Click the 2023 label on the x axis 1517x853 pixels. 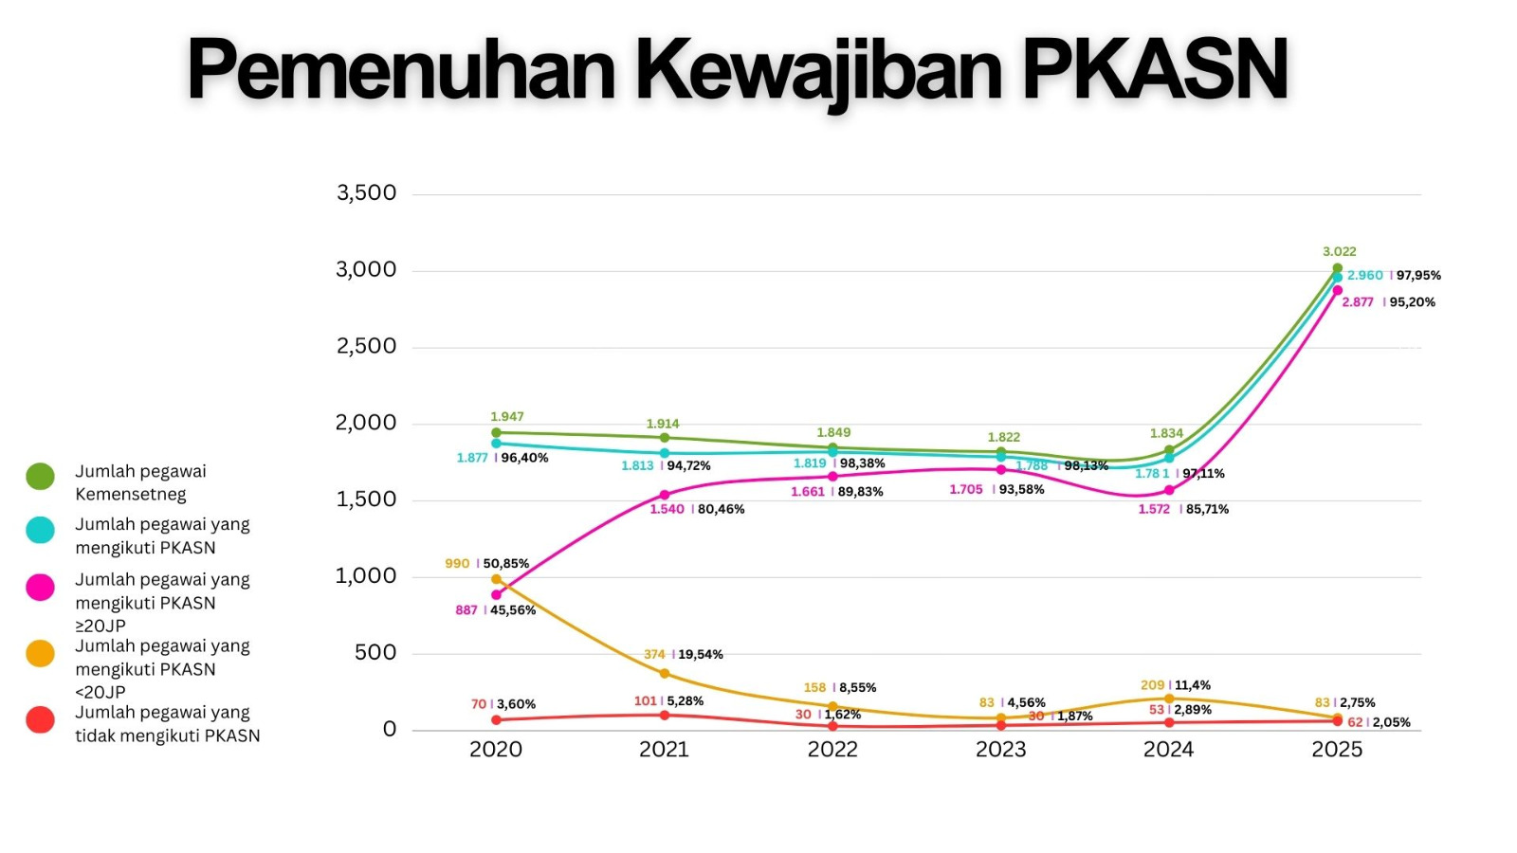[x=1000, y=750]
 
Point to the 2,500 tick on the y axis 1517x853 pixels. [x=366, y=347]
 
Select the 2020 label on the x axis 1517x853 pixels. [x=496, y=750]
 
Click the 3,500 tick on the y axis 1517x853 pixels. [x=366, y=193]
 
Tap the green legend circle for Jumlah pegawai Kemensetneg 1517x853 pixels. [x=40, y=476]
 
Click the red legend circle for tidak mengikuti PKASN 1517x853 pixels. [x=40, y=720]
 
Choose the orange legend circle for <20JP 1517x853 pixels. [x=40, y=654]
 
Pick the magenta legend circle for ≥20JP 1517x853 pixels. [x=40, y=588]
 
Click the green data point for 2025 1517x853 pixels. [x=1337, y=268]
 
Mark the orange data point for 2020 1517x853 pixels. [x=496, y=579]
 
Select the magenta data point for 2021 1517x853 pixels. [x=665, y=495]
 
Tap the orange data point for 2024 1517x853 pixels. [x=1169, y=699]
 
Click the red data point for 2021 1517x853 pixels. [x=665, y=715]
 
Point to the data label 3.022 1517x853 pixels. [x=1339, y=251]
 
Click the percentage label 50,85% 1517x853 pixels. [x=506, y=563]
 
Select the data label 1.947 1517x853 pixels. [x=507, y=417]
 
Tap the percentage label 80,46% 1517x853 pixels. [x=722, y=509]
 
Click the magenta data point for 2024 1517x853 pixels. [x=1169, y=490]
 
